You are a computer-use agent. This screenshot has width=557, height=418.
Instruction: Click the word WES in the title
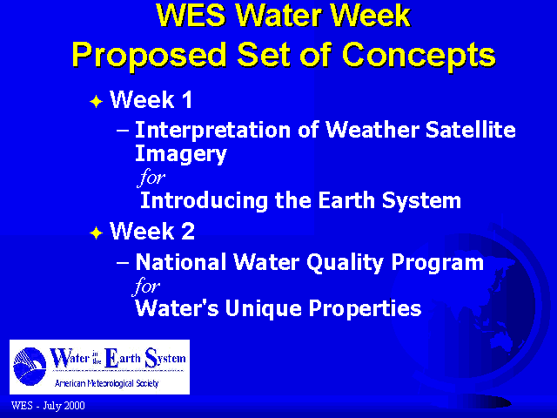[191, 16]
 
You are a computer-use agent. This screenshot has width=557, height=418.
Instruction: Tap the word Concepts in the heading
[419, 55]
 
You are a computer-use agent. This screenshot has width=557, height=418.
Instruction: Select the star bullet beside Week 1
[97, 102]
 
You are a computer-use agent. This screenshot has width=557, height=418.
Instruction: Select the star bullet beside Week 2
[97, 233]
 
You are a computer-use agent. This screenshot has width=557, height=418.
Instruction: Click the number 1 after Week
[187, 99]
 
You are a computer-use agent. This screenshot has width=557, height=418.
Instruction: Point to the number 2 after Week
[188, 231]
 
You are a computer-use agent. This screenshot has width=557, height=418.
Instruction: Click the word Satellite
[471, 129]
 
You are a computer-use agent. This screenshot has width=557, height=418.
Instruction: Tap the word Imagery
[181, 154]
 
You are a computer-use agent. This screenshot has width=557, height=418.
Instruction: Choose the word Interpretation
[213, 130]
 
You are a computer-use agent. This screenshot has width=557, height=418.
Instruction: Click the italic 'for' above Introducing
[151, 177]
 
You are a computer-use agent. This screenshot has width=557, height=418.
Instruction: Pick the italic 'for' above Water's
[146, 286]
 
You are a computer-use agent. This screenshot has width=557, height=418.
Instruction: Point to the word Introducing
[204, 201]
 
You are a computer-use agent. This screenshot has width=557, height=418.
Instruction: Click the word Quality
[345, 263]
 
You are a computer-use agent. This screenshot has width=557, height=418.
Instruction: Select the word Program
[438, 263]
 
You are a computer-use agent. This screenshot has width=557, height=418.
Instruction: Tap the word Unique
[263, 308]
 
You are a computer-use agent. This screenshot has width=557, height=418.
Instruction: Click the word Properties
[366, 308]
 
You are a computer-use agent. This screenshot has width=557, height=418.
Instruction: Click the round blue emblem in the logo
[30, 367]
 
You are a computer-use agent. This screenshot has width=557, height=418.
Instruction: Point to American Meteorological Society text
[106, 383]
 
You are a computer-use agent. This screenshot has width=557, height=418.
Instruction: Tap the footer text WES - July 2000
[48, 406]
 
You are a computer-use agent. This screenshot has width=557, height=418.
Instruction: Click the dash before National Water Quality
[123, 262]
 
